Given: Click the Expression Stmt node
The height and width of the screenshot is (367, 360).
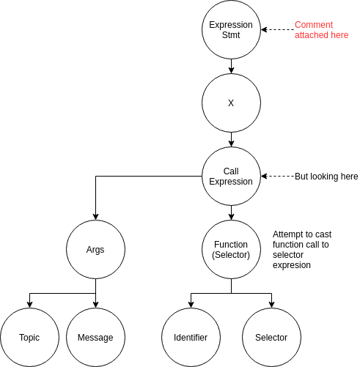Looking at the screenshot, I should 231,30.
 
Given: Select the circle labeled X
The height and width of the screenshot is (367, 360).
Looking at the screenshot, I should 231,103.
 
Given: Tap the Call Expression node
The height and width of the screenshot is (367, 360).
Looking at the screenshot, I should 231,177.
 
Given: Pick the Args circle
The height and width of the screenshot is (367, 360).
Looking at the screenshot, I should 95,250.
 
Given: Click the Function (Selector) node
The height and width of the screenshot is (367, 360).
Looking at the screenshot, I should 231,250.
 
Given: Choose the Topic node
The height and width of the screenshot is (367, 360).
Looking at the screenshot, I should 29,337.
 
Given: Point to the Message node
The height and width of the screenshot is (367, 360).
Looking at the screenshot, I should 95,337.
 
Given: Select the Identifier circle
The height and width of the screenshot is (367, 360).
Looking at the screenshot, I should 191,337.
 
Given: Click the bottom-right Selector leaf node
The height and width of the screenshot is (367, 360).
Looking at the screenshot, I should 271,337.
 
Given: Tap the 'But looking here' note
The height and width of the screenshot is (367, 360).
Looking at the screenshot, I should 326,177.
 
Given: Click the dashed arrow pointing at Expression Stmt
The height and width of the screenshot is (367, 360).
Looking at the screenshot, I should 277,30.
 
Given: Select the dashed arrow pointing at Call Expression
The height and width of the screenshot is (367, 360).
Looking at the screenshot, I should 277,177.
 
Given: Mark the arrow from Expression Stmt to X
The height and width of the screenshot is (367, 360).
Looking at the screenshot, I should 231,67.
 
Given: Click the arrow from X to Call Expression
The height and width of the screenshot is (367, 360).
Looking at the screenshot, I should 231,140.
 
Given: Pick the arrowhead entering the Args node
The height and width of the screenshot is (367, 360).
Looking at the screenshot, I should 95,216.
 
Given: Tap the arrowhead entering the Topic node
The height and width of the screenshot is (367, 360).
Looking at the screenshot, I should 29,304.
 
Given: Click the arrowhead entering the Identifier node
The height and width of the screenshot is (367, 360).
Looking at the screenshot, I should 191,304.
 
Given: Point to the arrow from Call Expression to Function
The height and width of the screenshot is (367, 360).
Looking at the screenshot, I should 231,213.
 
